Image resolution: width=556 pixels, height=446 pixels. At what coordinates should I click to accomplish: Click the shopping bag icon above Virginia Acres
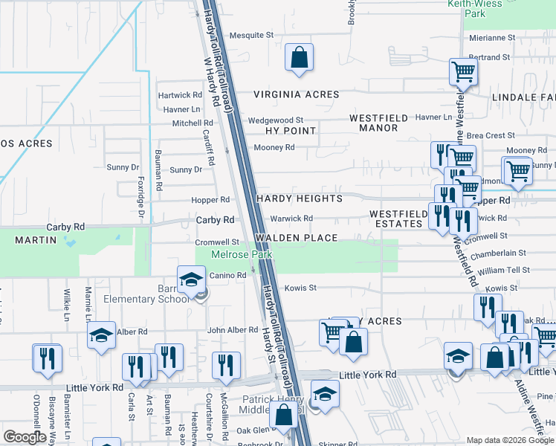point(299,57)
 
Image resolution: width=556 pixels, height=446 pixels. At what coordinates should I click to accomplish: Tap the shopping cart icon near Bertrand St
point(463,72)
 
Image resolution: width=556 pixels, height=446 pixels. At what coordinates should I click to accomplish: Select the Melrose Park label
point(242,254)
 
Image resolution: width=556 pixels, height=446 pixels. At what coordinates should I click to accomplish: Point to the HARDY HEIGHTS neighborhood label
point(300,199)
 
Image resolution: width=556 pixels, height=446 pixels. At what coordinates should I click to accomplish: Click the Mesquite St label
point(252,35)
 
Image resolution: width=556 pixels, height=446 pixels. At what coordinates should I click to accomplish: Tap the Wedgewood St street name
point(276,120)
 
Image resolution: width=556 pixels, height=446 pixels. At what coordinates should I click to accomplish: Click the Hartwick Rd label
point(180,95)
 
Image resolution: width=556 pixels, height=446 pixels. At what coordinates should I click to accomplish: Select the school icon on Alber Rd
point(101,335)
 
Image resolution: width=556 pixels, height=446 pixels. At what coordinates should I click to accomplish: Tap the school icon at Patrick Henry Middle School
point(324,393)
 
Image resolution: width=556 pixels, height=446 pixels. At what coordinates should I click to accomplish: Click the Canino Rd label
point(227,276)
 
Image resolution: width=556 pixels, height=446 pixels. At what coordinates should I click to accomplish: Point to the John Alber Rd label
point(232,330)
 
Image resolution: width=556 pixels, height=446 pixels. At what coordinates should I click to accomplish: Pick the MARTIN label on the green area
point(36,240)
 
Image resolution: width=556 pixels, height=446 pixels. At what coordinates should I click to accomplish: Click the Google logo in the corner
point(25,436)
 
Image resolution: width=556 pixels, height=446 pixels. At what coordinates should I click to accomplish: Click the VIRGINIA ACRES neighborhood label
point(296,94)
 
